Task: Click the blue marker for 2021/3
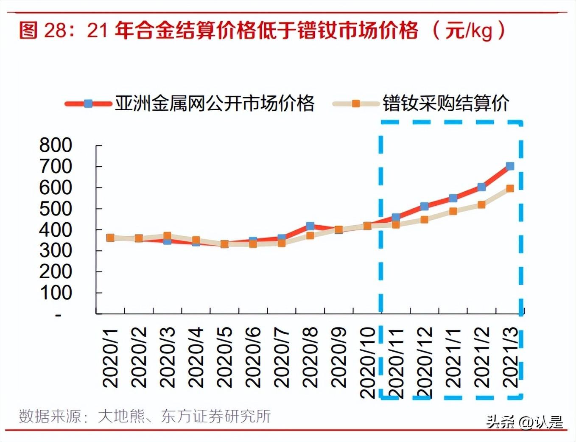510,166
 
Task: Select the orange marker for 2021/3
510,188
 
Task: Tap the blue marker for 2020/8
310,226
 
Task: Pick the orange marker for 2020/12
424,220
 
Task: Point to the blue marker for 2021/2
481,187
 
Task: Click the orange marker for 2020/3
167,236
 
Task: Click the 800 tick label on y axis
56,145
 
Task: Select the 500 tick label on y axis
56,209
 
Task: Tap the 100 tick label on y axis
56,293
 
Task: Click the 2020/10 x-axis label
368,363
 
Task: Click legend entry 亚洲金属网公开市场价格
214,104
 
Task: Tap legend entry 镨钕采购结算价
445,104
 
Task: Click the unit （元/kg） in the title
469,31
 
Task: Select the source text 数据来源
50,416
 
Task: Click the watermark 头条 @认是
524,422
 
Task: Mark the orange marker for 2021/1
453,211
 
